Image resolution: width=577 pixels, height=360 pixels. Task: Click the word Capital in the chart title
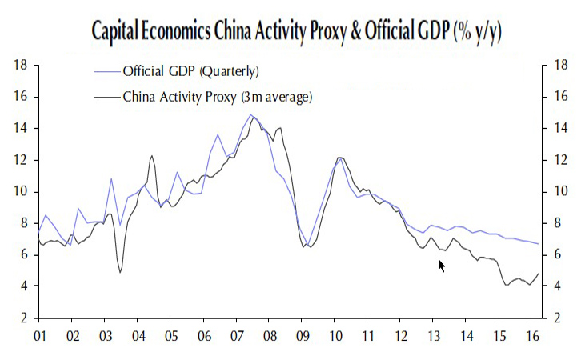click(x=119, y=33)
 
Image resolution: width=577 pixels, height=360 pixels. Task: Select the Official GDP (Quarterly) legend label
click(x=190, y=71)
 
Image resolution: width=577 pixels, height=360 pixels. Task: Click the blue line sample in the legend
click(x=106, y=71)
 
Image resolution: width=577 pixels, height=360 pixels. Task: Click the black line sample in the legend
click(x=106, y=97)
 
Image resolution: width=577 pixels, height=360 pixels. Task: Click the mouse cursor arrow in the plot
click(x=441, y=265)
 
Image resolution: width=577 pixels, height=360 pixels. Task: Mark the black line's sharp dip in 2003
click(x=120, y=272)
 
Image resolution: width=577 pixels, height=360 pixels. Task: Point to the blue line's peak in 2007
click(x=251, y=115)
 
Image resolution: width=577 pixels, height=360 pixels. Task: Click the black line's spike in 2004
click(x=152, y=156)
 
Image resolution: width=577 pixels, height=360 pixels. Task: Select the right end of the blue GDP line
click(x=538, y=244)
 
